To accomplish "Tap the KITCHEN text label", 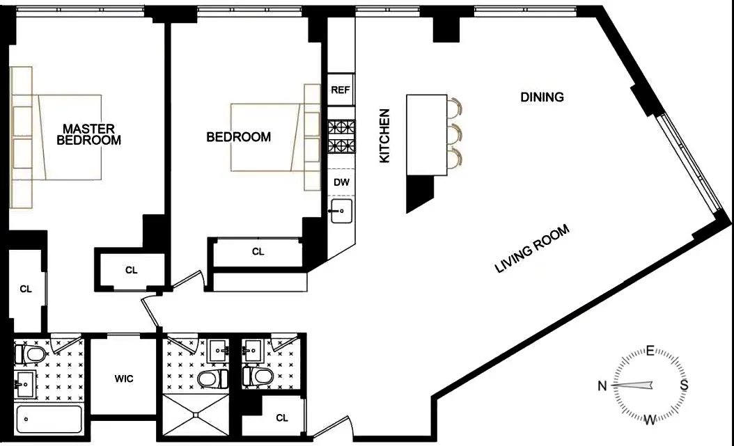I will pyautogui.click(x=384, y=136).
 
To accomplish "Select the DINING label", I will pyautogui.click(x=542, y=97).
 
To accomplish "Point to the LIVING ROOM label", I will pyautogui.click(x=532, y=249).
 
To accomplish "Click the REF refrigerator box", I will pyautogui.click(x=341, y=90).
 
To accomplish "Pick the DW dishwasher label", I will pyautogui.click(x=341, y=182).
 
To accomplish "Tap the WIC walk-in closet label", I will pyautogui.click(x=124, y=379).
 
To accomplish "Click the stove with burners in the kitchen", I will pyautogui.click(x=341, y=136).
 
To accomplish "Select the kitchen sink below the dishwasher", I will pyautogui.click(x=341, y=212).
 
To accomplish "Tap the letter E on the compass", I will pyautogui.click(x=650, y=351).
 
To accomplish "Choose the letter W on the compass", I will pyautogui.click(x=650, y=420).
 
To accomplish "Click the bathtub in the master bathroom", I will pyautogui.click(x=48, y=419).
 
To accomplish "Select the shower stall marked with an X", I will pyautogui.click(x=196, y=415).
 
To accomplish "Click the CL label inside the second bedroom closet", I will pyautogui.click(x=258, y=252).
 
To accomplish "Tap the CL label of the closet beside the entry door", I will pyautogui.click(x=281, y=418).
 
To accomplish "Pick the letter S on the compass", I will pyautogui.click(x=684, y=385).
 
